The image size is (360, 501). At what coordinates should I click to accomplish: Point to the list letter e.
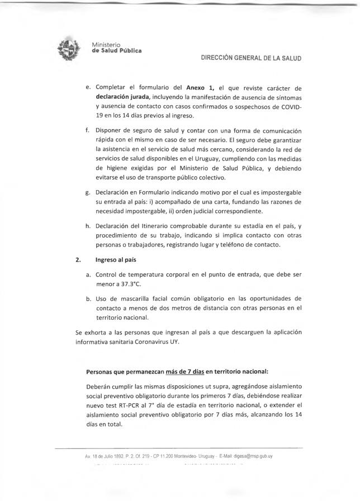pos(88,88)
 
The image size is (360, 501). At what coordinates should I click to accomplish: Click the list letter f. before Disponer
pos(88,130)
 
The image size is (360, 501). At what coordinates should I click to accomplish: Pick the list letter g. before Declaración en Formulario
pos(88,192)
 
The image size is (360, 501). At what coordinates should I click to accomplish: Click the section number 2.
pos(78,259)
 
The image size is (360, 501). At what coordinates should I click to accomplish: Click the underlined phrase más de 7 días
pos(185,371)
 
